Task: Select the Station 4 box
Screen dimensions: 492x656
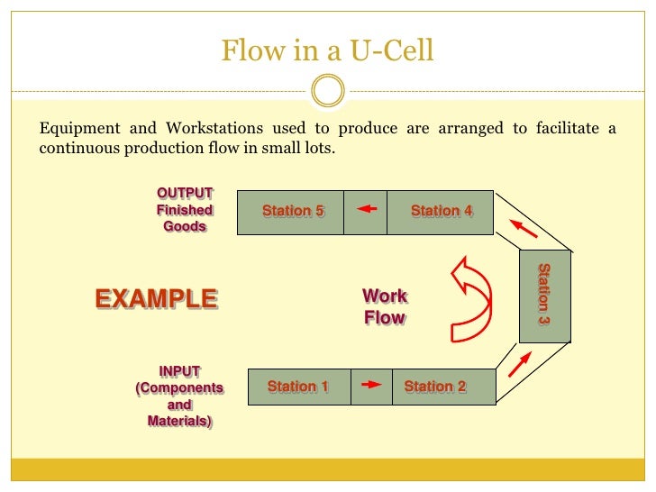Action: (441, 212)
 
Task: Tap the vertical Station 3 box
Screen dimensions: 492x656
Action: (544, 295)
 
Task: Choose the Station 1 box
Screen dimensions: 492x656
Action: (298, 387)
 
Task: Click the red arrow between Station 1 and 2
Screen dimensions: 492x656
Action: (370, 385)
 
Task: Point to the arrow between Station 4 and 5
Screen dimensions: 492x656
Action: (365, 210)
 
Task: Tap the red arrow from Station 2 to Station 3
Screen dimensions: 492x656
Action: (520, 362)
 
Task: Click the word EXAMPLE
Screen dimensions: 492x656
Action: (156, 298)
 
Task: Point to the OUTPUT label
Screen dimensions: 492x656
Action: (186, 193)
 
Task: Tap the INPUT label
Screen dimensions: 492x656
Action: (179, 371)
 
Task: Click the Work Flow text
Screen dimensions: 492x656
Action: (385, 306)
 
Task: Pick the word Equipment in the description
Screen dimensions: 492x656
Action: (77, 128)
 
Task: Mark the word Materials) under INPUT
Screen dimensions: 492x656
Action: (179, 421)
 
